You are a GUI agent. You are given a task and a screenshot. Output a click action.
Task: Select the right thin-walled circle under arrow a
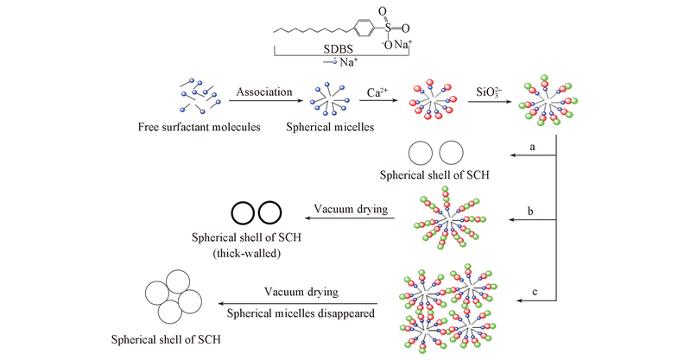[x=453, y=153]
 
